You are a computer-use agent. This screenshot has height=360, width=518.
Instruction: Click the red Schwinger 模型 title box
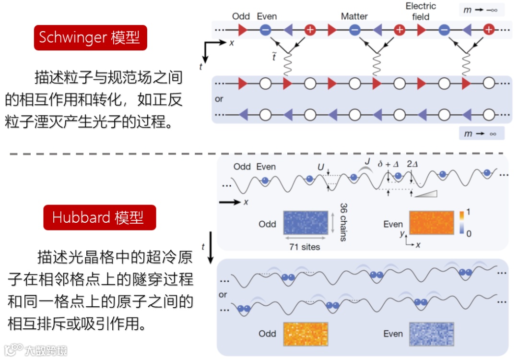click(90, 38)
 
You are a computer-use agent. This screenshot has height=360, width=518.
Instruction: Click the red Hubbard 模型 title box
click(100, 218)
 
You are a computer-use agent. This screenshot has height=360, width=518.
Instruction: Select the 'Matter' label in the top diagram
click(354, 16)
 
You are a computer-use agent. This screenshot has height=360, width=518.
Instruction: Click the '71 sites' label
click(305, 247)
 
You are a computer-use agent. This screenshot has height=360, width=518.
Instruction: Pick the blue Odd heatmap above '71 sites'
click(305, 223)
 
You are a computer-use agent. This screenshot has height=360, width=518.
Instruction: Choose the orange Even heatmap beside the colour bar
click(431, 223)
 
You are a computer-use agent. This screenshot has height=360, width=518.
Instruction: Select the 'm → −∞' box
click(481, 10)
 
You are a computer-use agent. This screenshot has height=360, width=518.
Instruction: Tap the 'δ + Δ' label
click(388, 164)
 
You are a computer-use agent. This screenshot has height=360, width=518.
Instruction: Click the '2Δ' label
click(412, 164)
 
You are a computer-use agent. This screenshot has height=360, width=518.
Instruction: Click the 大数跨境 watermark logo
click(36, 350)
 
